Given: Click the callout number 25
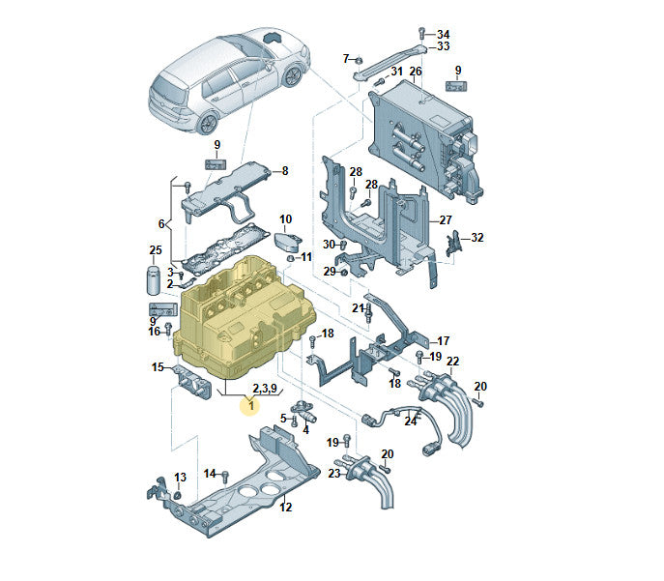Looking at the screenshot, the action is (156, 250).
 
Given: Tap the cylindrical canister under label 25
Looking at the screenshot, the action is (153, 279).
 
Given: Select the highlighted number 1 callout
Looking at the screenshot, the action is (251, 406).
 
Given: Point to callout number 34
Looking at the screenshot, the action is (443, 34).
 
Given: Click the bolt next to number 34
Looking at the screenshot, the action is (421, 33).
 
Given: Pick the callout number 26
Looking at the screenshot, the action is (416, 72).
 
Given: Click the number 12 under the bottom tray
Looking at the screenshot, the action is (286, 507).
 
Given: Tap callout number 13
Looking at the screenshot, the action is (180, 478).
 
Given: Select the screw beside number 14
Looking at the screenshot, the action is (225, 476).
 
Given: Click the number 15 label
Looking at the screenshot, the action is (158, 367).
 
